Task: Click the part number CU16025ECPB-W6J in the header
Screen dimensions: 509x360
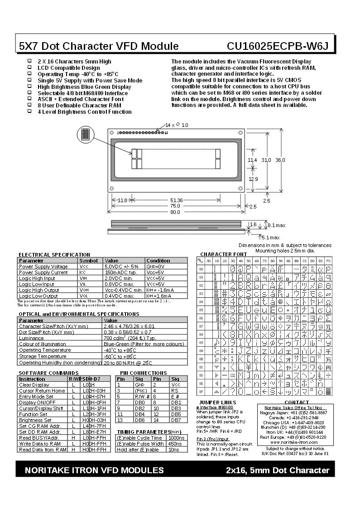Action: click(x=278, y=46)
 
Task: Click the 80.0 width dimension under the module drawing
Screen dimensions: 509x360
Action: click(x=175, y=212)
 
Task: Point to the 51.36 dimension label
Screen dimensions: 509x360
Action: click(x=176, y=200)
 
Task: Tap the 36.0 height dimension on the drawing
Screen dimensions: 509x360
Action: click(x=280, y=160)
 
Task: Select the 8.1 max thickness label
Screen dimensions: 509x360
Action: click(x=277, y=225)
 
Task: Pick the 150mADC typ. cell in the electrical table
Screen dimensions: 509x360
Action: click(x=120, y=272)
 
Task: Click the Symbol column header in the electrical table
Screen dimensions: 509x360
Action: click(x=88, y=261)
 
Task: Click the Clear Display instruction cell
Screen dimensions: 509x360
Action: click(x=34, y=385)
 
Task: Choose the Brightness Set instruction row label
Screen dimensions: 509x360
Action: click(x=36, y=420)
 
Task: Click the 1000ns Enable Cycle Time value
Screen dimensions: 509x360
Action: click(x=175, y=438)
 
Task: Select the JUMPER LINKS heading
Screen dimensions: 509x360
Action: click(x=217, y=402)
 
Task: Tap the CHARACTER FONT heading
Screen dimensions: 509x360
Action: click(x=224, y=254)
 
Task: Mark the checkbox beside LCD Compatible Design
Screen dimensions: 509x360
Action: click(x=30, y=67)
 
